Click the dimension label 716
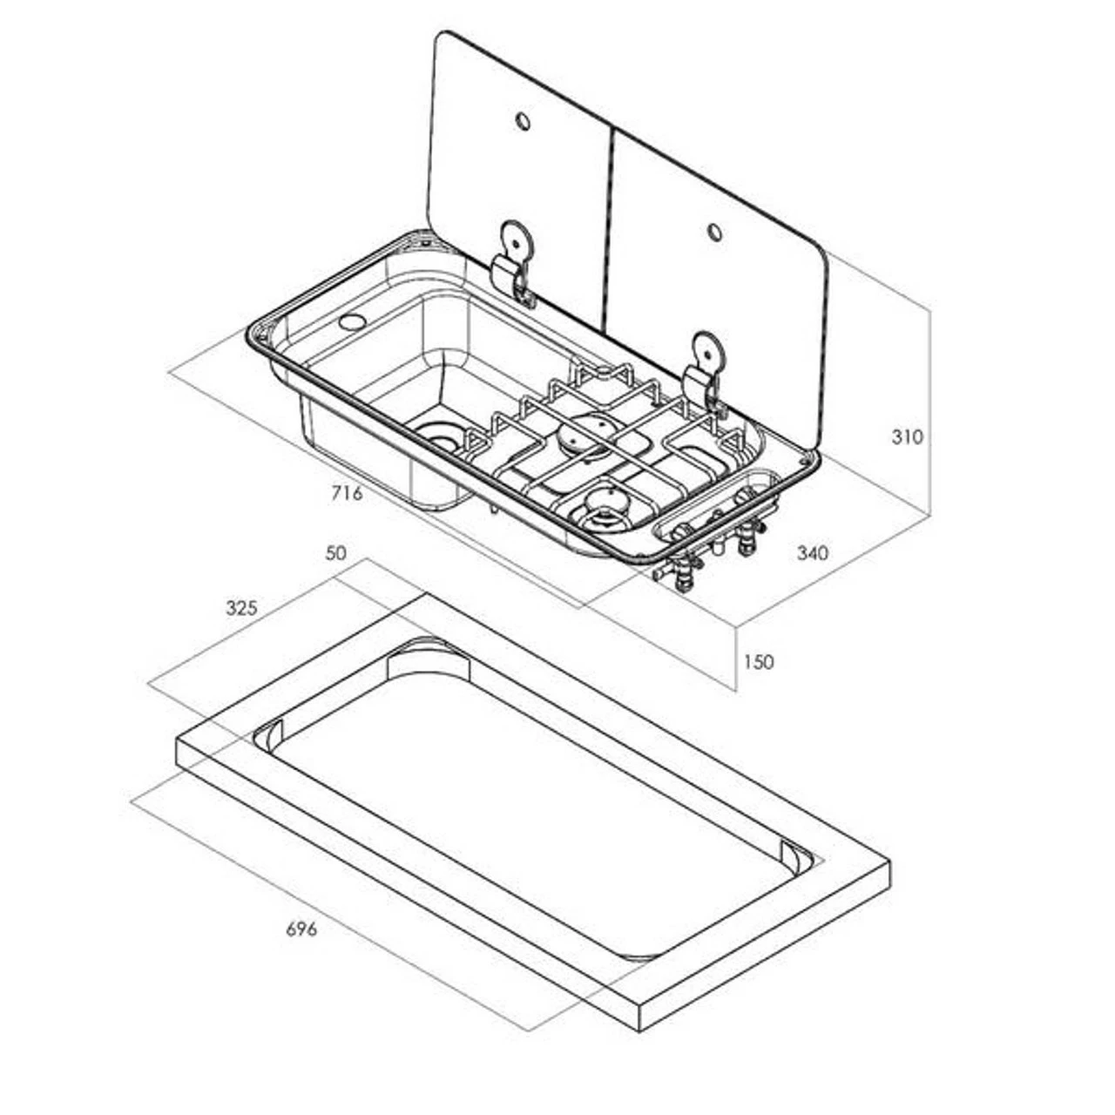tap(346, 494)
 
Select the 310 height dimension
tap(907, 436)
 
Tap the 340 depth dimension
tap(812, 552)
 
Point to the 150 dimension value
tap(758, 662)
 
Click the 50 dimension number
tap(335, 552)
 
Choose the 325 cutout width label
tap(241, 608)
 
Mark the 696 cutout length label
tap(301, 929)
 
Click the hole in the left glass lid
tap(523, 121)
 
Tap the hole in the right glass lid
tap(714, 231)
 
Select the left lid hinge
tap(512, 261)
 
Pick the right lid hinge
tap(705, 374)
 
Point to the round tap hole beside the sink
tap(352, 321)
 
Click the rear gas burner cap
tap(594, 433)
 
